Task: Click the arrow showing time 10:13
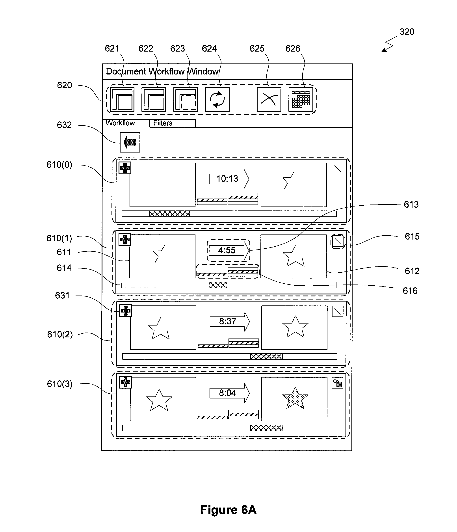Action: (229, 179)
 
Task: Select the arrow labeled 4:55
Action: (229, 250)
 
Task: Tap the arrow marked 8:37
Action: (230, 322)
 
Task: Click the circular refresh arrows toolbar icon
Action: (217, 100)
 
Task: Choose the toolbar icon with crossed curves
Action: (269, 100)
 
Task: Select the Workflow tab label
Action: (120, 123)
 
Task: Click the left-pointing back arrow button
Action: (130, 142)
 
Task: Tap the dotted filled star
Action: (295, 398)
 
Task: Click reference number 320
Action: (407, 32)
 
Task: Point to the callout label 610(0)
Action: (59, 165)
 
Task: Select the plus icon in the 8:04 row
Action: (126, 382)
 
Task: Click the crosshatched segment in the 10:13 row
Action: (169, 214)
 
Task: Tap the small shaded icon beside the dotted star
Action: (337, 383)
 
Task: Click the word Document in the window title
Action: (126, 71)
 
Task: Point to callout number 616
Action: (410, 291)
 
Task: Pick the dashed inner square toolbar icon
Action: (185, 100)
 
